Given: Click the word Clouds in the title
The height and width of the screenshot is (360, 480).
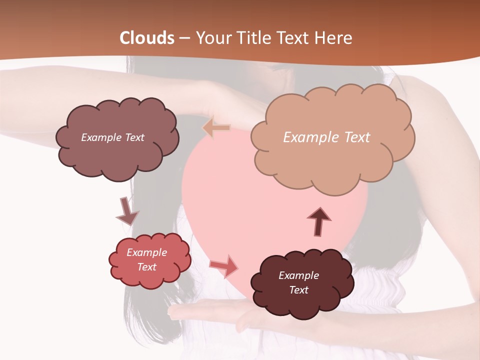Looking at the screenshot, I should (147, 38).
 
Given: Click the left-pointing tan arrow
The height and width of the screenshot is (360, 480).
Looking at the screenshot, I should (216, 128).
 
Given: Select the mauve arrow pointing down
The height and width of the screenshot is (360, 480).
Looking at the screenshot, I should (127, 212).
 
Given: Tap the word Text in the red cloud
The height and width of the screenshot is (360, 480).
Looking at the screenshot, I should (147, 267).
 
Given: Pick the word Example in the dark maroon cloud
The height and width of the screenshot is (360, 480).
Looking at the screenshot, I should (298, 275).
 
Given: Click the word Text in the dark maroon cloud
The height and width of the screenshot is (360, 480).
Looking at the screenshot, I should (299, 290).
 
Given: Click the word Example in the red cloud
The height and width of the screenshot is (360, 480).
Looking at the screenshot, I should (147, 252).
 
